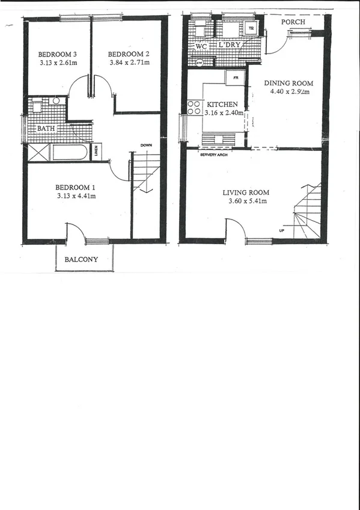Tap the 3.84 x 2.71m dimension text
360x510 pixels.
point(129,62)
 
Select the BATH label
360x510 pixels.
point(46,129)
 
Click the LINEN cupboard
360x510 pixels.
point(96,152)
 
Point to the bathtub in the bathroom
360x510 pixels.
point(70,152)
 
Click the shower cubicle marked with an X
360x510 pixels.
point(38,152)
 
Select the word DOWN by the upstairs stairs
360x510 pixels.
point(146,146)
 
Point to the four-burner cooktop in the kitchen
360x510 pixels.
point(194,107)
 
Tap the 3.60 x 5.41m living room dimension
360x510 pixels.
point(245,202)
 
